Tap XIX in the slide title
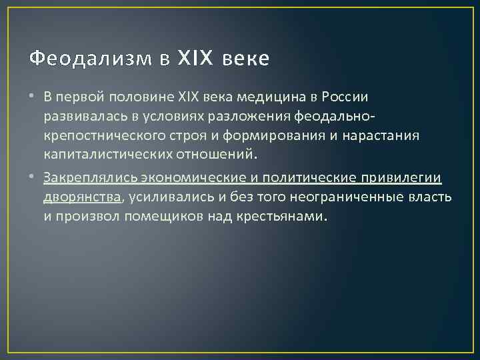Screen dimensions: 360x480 click(194, 59)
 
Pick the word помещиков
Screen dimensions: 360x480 click(168, 217)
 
